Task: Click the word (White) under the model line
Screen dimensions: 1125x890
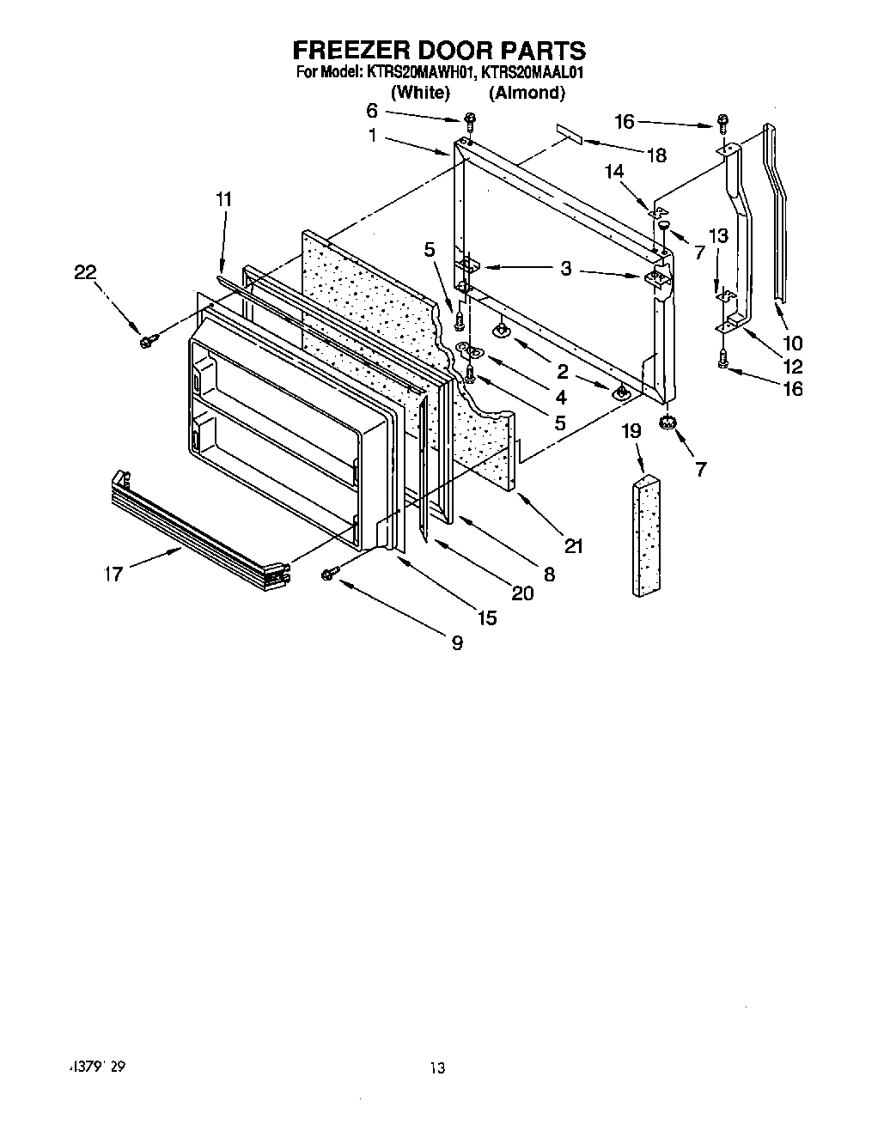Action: (x=420, y=93)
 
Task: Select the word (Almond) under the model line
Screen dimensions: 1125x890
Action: (x=527, y=93)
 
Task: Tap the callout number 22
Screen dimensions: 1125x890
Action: (x=85, y=272)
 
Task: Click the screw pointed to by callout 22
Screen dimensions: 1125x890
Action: (x=146, y=342)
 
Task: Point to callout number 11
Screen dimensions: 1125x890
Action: (x=223, y=199)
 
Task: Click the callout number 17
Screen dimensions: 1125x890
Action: (x=113, y=575)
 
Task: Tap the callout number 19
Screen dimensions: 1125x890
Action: (x=631, y=430)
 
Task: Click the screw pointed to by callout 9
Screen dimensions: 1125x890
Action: (x=328, y=575)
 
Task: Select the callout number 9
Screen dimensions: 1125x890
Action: (x=457, y=642)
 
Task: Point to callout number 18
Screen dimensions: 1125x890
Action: (x=656, y=155)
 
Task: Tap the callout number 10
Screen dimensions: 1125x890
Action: (x=793, y=344)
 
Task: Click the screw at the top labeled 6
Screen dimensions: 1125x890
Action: (x=470, y=119)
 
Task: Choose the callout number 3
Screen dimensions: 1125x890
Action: (x=565, y=269)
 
